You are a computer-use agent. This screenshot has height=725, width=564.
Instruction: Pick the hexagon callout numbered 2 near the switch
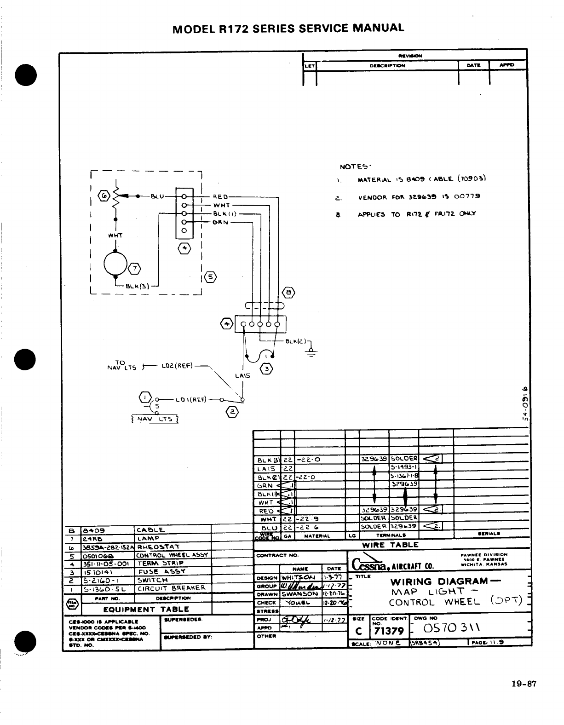click(x=232, y=412)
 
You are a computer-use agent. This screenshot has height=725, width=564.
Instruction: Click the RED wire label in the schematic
click(x=221, y=196)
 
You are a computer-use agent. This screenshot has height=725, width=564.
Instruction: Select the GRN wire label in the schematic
click(x=221, y=222)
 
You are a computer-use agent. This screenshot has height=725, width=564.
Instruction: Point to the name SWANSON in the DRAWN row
click(x=300, y=593)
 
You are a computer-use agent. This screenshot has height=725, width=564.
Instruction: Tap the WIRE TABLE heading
click(x=390, y=545)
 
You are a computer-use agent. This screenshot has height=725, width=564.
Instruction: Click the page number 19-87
click(x=524, y=684)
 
